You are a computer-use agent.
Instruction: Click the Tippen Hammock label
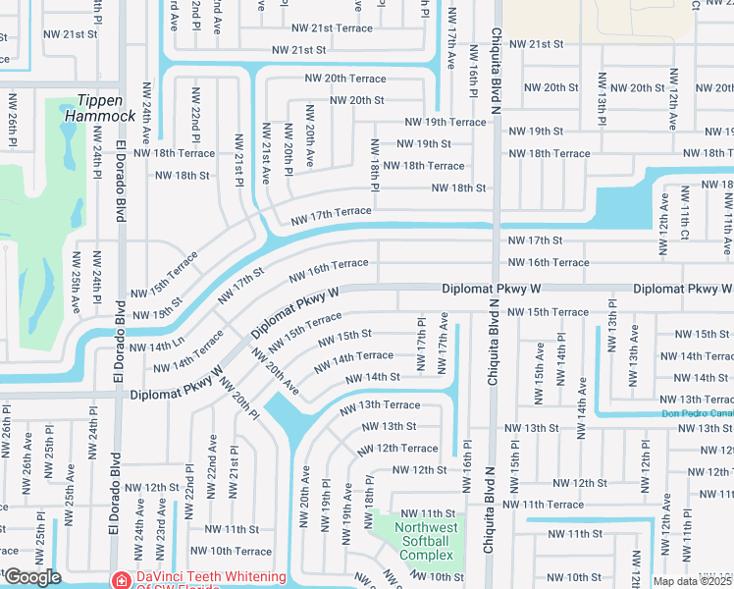pyautogui.click(x=99, y=108)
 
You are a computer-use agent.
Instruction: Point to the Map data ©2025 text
pyautogui.click(x=693, y=582)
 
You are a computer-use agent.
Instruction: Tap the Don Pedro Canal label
pyautogui.click(x=696, y=412)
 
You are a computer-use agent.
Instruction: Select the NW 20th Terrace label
pyautogui.click(x=345, y=78)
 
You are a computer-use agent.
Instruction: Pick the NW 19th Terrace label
pyautogui.click(x=446, y=122)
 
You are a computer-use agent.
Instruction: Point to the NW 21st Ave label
pyautogui.click(x=266, y=148)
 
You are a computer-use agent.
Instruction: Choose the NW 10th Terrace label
pyautogui.click(x=239, y=551)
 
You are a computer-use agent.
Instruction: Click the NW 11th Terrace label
pyautogui.click(x=544, y=504)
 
